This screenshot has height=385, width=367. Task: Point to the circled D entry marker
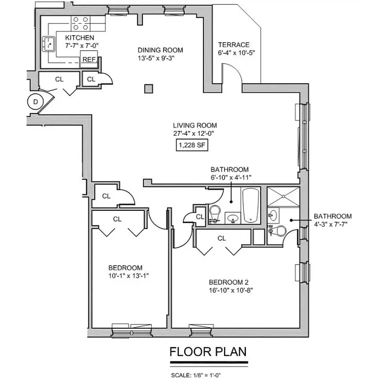point(35,101)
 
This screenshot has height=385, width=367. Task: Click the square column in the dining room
point(149,89)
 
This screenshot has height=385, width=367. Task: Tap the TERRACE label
point(233,45)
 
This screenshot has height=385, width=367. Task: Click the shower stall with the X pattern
point(282,198)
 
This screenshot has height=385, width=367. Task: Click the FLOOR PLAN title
point(208,352)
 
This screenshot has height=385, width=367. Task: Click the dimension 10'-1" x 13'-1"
point(125,276)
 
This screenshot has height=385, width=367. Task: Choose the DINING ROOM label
point(160,50)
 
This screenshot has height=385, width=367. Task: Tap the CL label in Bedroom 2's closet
point(222,238)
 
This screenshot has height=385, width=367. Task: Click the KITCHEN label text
point(79,38)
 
